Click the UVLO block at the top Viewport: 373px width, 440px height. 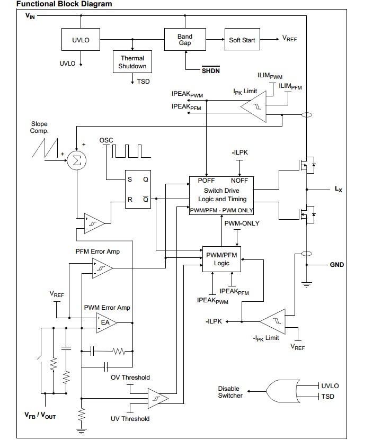click(81, 40)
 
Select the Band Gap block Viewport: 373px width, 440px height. click(185, 40)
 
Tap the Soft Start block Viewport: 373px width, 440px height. click(242, 40)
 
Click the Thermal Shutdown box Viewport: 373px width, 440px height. click(132, 62)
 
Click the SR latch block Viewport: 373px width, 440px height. click(137, 190)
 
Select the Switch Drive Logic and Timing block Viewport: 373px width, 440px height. click(222, 195)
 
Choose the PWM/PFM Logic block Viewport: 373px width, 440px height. click(221, 259)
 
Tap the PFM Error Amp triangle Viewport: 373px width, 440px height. click(101, 268)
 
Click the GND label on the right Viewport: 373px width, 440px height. click(337, 265)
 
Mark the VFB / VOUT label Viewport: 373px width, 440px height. click(40, 416)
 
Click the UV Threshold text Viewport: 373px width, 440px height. click(130, 419)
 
